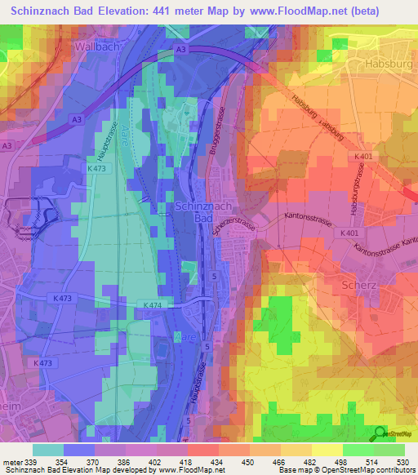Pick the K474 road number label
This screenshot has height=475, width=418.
(153, 305)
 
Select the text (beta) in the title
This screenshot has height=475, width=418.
(387, 11)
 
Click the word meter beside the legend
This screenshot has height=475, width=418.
(11, 463)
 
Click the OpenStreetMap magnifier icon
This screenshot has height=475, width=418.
(380, 434)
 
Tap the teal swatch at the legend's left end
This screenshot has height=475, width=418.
(47, 450)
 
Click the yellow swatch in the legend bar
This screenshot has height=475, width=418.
(327, 450)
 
